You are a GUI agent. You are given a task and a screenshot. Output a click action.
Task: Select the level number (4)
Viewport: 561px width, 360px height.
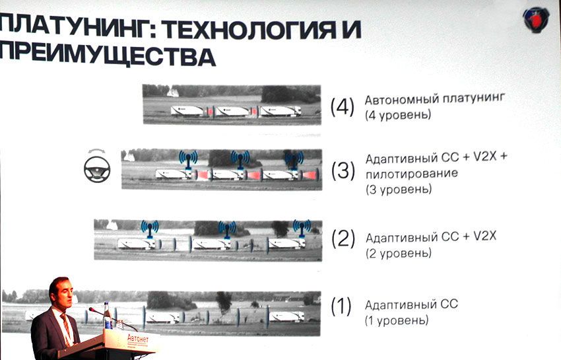coord(343,106)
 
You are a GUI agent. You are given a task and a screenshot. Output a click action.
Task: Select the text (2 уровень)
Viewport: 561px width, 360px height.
coord(399,252)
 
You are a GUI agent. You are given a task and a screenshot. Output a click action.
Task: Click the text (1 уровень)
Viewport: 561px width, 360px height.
coord(396,320)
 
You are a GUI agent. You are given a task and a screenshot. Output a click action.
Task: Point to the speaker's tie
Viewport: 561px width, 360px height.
coord(65,328)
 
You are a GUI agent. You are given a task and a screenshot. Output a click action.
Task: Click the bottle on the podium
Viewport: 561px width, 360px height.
coord(106,316)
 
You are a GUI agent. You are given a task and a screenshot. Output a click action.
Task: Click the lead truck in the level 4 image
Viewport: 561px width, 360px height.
coord(280,111)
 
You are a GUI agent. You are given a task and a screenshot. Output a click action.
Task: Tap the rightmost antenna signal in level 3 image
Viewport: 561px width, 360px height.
coord(291,159)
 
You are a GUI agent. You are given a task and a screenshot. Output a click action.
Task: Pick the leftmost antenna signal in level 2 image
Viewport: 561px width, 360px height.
coord(150,228)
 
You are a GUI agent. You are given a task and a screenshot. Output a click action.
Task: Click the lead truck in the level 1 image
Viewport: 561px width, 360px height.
coord(287,316)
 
